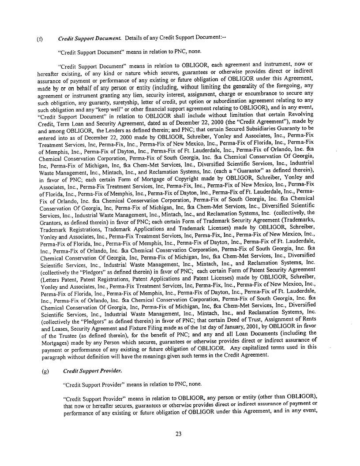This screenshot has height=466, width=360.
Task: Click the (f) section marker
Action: tap(39, 39)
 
